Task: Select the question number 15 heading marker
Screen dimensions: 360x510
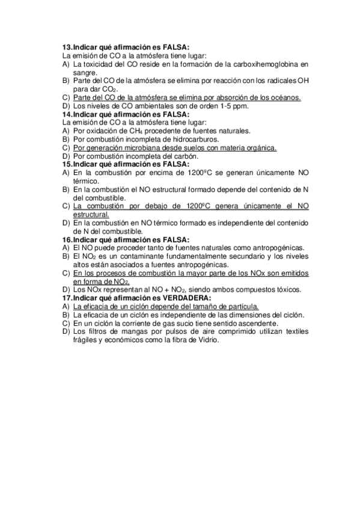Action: coord(67,164)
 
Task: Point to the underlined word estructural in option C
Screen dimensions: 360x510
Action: coord(91,214)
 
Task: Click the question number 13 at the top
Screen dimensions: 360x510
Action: coord(67,46)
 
